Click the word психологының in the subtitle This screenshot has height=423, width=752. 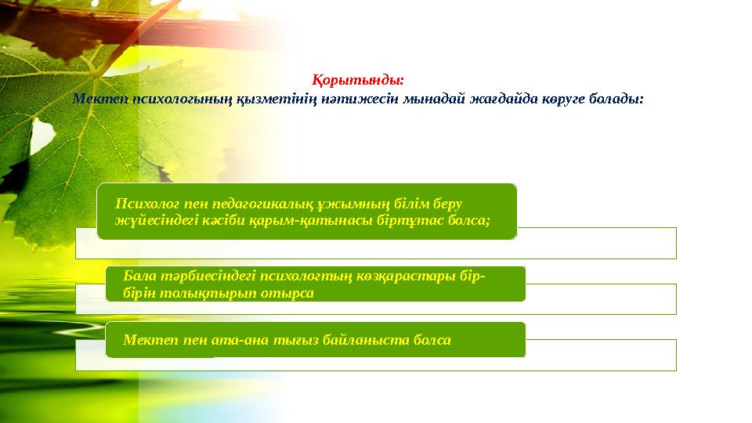183,99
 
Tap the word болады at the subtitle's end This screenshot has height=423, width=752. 613,99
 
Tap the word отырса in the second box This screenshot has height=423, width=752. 287,293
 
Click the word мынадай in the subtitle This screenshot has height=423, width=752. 434,99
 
